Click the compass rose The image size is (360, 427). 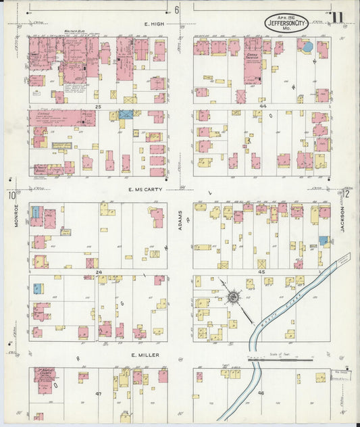click(234, 296)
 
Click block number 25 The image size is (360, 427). click(98, 107)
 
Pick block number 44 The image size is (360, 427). click(263, 107)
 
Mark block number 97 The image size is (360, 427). click(98, 392)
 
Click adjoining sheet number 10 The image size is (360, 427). click(11, 196)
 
